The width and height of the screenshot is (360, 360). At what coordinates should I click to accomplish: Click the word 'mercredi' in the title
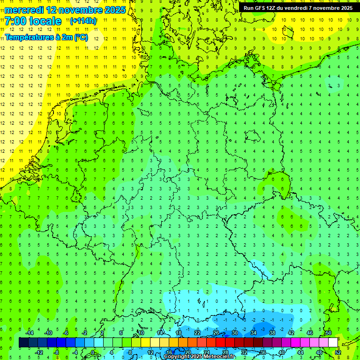click(x=24, y=10)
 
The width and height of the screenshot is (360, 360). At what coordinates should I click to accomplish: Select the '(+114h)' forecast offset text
click(x=83, y=21)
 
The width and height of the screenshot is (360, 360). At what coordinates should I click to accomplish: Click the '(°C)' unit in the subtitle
click(x=81, y=37)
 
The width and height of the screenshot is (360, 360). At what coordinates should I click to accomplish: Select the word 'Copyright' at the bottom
click(x=178, y=357)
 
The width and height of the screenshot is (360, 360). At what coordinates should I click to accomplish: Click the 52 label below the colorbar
click(x=338, y=352)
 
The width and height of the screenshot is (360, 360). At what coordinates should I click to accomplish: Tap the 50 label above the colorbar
click(x=329, y=333)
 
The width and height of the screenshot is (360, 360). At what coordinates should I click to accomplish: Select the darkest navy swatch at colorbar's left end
click(x=23, y=343)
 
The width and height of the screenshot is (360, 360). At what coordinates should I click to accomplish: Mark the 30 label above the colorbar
click(x=235, y=333)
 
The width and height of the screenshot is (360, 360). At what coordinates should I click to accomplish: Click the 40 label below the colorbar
click(x=282, y=352)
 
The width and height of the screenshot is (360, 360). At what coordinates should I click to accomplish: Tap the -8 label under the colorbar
click(x=57, y=352)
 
